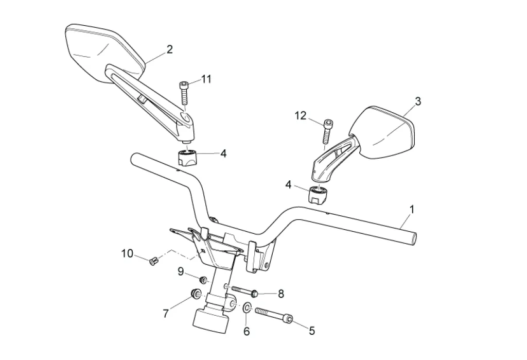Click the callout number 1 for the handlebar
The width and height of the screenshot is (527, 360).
pyautogui.click(x=412, y=209)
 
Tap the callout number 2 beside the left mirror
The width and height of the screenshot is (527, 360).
pyautogui.click(x=170, y=49)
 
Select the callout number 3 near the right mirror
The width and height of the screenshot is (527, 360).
pyautogui.click(x=418, y=101)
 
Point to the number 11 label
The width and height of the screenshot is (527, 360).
pyautogui.click(x=206, y=79)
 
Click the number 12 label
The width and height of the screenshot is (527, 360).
pyautogui.click(x=301, y=116)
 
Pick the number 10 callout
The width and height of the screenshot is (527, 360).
pyautogui.click(x=128, y=253)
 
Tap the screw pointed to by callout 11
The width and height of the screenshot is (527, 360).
pyautogui.click(x=184, y=93)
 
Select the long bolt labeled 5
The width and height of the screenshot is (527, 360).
pyautogui.click(x=274, y=315)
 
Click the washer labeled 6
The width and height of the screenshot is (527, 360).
pyautogui.click(x=247, y=307)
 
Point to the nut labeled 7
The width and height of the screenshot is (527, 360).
pyautogui.click(x=196, y=294)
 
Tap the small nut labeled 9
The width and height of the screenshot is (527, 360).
pyautogui.click(x=203, y=279)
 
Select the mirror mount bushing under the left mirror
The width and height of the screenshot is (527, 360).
pyautogui.click(x=186, y=157)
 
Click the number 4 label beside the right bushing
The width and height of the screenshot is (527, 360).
pyautogui.click(x=288, y=185)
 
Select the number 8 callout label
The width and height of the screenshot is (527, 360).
pyautogui.click(x=281, y=294)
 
